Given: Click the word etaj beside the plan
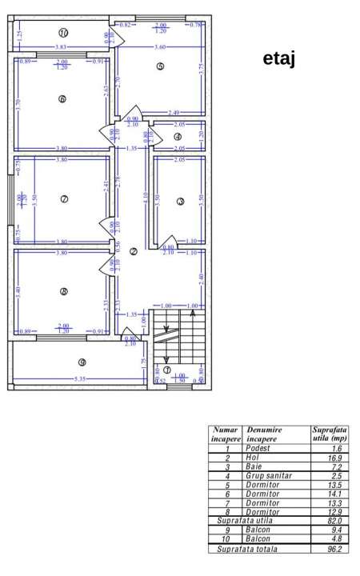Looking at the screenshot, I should [x=278, y=61].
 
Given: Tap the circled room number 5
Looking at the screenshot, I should [x=160, y=66].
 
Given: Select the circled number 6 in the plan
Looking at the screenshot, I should [x=62, y=98].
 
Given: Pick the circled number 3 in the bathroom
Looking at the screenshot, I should [x=181, y=202].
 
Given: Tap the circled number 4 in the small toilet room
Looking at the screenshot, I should [x=177, y=137].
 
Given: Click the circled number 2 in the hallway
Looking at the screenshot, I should [x=133, y=251].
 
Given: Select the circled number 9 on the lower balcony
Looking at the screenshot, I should [x=82, y=362].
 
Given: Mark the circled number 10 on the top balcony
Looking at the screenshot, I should [x=64, y=33].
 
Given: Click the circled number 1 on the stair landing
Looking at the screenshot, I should [x=167, y=370].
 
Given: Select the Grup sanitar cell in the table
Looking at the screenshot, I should [x=269, y=475].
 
